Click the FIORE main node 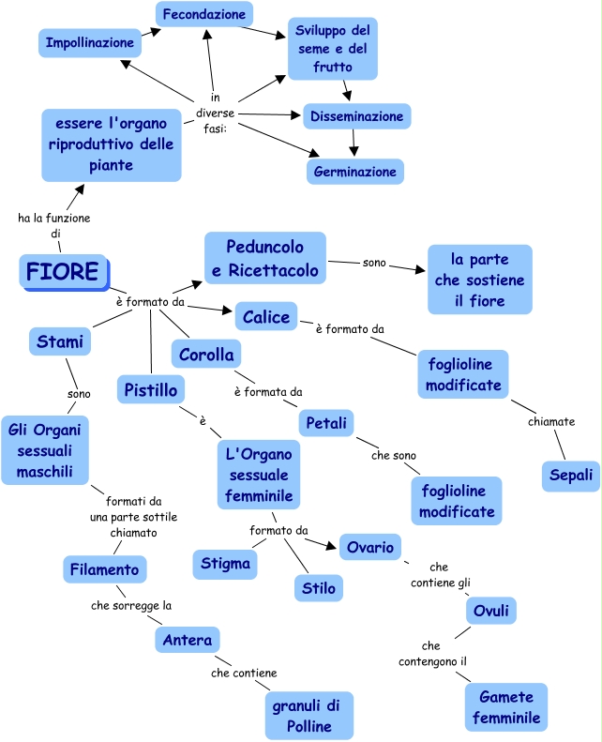(x=63, y=272)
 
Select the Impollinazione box (x=90, y=42)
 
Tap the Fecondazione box (x=203, y=14)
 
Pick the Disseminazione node (x=357, y=116)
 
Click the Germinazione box (x=355, y=172)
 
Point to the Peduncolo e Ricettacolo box (x=265, y=259)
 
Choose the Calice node (x=266, y=317)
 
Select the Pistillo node (x=150, y=387)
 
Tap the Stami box (x=60, y=341)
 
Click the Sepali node (x=570, y=476)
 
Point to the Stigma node (x=225, y=564)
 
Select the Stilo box (x=318, y=588)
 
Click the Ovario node (x=369, y=547)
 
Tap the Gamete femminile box (x=505, y=707)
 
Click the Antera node (x=188, y=640)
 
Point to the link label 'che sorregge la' (x=131, y=606)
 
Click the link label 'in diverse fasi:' (x=216, y=113)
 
